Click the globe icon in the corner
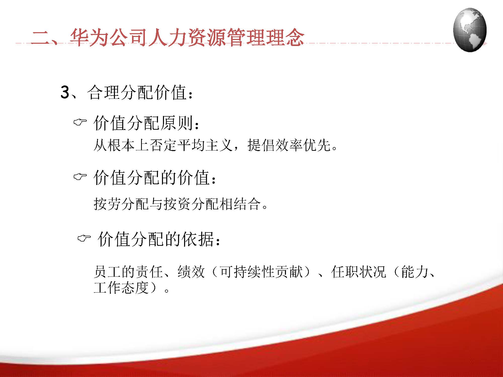click(x=470, y=30)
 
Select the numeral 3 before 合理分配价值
click(x=65, y=92)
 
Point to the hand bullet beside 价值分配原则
click(x=80, y=122)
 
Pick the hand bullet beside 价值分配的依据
click(x=84, y=238)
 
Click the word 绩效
click(x=191, y=272)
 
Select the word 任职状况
click(x=358, y=272)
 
